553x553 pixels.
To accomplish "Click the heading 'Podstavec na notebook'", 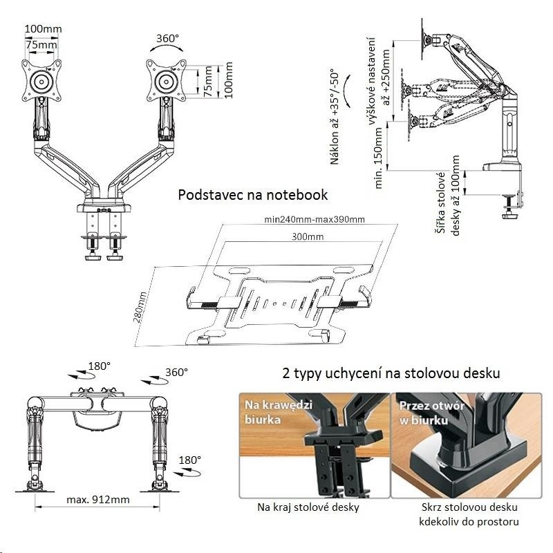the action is pyautogui.click(x=252, y=195).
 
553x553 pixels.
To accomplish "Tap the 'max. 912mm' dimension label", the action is pyautogui.click(x=98, y=499).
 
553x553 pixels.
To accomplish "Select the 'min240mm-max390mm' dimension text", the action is pyautogui.click(x=315, y=219).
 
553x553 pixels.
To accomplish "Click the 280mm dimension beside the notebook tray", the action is pyautogui.click(x=140, y=307).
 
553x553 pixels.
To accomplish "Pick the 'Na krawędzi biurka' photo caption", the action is pyautogui.click(x=279, y=411).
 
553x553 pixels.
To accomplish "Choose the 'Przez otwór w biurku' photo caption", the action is pyautogui.click(x=431, y=413).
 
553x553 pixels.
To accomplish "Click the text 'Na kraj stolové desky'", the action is pyautogui.click(x=308, y=507).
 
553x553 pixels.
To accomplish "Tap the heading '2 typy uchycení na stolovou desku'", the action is pyautogui.click(x=391, y=373).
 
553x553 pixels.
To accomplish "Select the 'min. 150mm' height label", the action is pyautogui.click(x=378, y=158).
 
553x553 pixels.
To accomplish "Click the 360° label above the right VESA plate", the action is pyautogui.click(x=167, y=38).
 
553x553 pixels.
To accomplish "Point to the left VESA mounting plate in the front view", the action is pyautogui.click(x=41, y=81).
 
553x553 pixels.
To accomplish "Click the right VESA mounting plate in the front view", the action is pyautogui.click(x=166, y=81).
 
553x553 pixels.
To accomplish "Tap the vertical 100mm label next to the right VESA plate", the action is pyautogui.click(x=229, y=80).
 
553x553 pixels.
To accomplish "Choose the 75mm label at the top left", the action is pyautogui.click(x=41, y=45).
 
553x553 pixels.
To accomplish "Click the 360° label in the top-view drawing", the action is pyautogui.click(x=176, y=372).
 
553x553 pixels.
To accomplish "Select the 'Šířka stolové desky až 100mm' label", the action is pyautogui.click(x=448, y=196).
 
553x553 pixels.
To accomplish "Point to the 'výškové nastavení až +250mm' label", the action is pyautogui.click(x=379, y=81).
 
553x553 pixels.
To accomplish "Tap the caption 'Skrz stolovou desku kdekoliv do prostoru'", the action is pyautogui.click(x=469, y=514).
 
